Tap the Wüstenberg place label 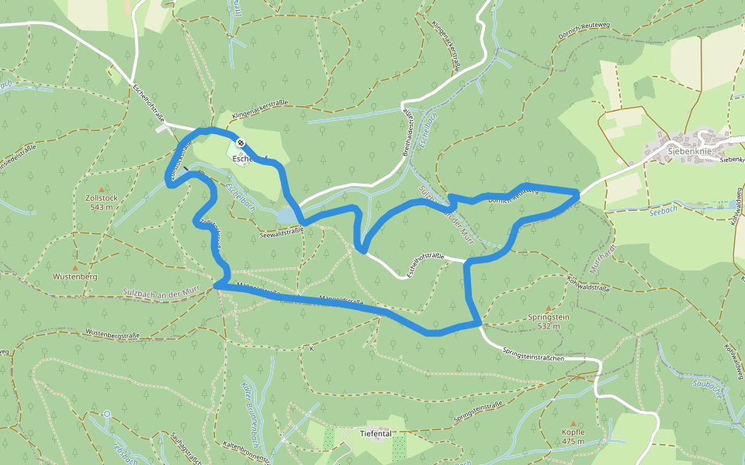click(74, 276)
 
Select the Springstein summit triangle click(548, 308)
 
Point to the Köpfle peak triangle click(573, 423)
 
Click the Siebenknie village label click(689, 152)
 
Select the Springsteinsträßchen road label click(542, 355)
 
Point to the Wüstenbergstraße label click(112, 334)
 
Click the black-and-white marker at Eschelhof click(241, 143)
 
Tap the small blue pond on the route click(286, 214)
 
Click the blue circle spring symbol click(106, 414)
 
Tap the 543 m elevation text click(102, 207)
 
